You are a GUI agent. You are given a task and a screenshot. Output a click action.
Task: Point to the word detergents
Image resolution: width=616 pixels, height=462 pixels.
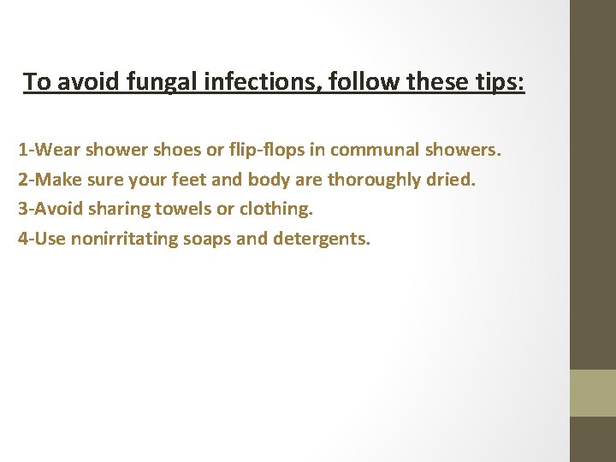(x=322, y=238)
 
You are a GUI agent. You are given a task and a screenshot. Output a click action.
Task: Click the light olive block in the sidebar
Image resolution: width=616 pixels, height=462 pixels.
(x=593, y=393)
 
